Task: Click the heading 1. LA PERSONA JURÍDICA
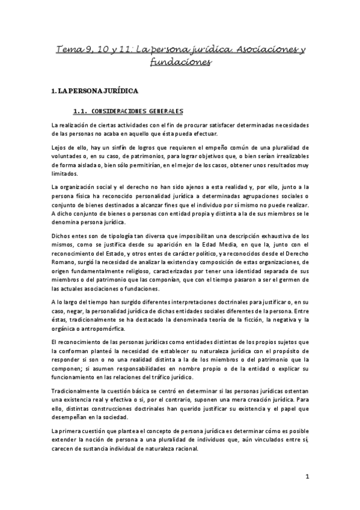pos(95,91)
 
